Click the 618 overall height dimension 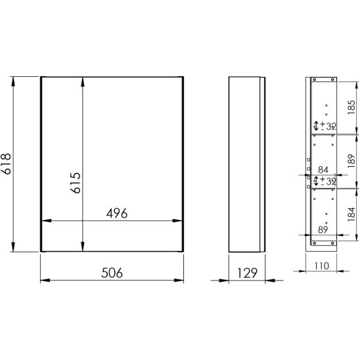coord(6,164)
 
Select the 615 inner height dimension coord(76,183)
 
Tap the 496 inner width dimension coord(117,214)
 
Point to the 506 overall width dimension coord(112,273)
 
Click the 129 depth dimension coord(247,273)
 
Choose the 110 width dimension coord(321,266)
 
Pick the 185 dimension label coord(351,107)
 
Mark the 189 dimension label coord(351,161)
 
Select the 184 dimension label coord(351,214)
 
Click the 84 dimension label coord(323,169)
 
